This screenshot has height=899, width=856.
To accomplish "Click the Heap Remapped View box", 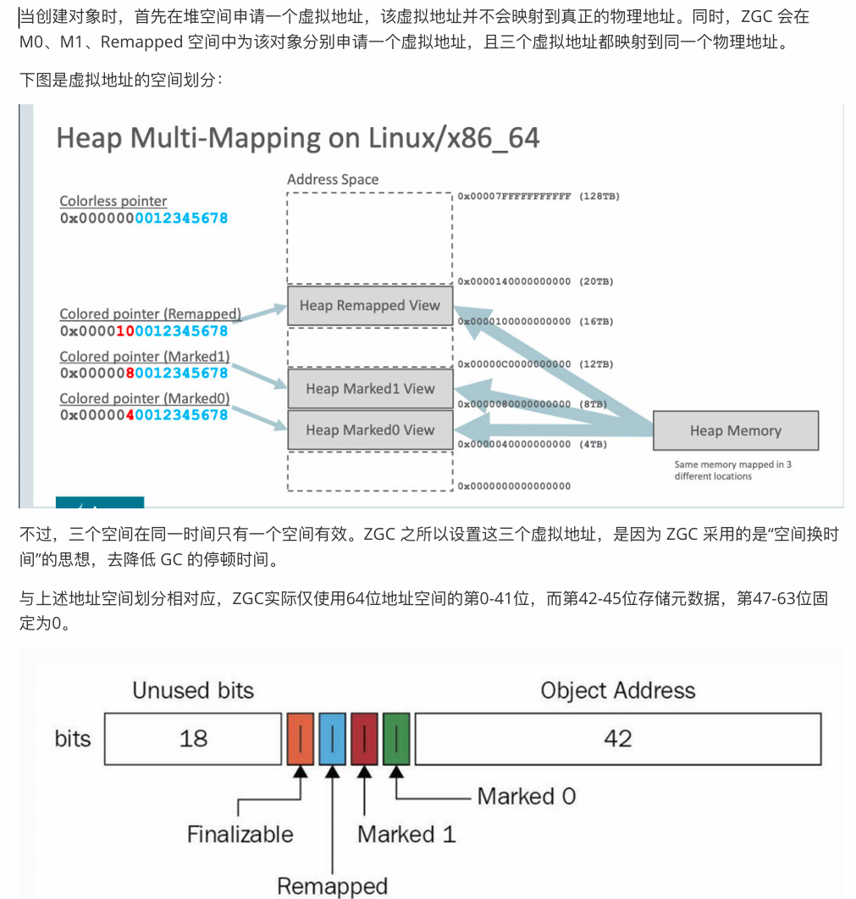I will click(370, 306).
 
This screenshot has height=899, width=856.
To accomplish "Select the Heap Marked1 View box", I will click(370, 389).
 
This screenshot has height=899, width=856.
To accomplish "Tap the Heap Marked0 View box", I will click(370, 430).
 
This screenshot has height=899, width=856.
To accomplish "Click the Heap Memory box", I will click(735, 430).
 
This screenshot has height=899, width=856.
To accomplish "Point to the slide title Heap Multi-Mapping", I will click(297, 137).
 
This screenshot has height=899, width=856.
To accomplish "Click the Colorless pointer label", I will click(113, 201).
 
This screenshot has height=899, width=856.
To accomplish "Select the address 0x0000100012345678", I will click(144, 330).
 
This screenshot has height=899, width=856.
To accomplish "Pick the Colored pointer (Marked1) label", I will click(145, 357).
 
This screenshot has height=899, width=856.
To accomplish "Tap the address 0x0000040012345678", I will click(144, 415).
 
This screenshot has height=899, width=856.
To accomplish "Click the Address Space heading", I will click(333, 180).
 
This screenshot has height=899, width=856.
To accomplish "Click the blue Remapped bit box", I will click(333, 738).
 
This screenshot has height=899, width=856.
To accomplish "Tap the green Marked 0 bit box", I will click(396, 738).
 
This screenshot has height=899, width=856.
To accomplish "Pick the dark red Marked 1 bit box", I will click(364, 738).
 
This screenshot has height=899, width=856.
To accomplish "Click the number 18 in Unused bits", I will click(193, 738).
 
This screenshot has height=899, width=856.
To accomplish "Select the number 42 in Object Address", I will click(617, 738).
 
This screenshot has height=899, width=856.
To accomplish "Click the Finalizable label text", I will click(240, 835).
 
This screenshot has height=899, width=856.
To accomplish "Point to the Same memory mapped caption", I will click(733, 470).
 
